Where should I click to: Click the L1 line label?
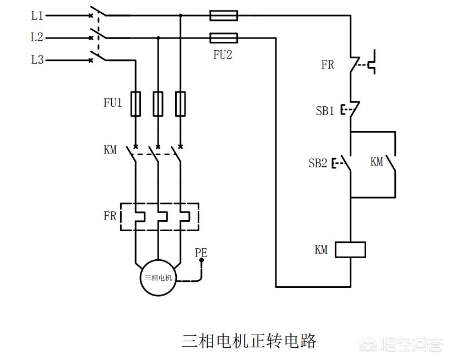[x=37, y=16]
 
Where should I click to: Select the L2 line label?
[x=37, y=38]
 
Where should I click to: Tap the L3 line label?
[x=37, y=60]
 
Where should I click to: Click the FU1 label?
[x=112, y=103]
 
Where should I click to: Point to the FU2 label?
[x=222, y=55]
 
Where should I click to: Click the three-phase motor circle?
[x=158, y=277]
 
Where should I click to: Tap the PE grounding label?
[x=201, y=253]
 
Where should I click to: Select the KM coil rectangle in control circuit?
[x=351, y=249]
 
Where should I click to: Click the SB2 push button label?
[x=318, y=163]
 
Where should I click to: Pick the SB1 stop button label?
[x=325, y=111]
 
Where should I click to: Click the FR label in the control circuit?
[x=328, y=65]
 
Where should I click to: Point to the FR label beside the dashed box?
[x=110, y=216]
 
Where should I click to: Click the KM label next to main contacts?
[x=110, y=150]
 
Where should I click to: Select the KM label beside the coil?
[x=321, y=250]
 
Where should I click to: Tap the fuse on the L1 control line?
[x=224, y=16]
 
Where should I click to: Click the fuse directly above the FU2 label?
[x=224, y=38]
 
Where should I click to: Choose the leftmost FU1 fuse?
[x=135, y=103]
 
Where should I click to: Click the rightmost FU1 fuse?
[x=181, y=103]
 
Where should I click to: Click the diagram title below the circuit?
[x=249, y=341]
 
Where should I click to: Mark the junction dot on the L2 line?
[x=158, y=38]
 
